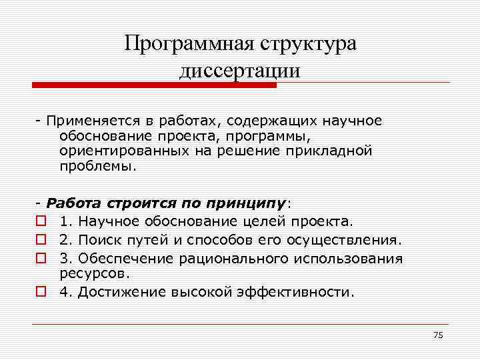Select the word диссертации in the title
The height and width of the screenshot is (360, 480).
[240, 71]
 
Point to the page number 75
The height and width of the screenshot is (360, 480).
[438, 335]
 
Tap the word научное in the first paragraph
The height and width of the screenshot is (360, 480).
[352, 121]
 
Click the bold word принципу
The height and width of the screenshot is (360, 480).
[255, 204]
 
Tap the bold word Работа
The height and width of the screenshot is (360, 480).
[72, 204]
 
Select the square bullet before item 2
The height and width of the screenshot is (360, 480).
[41, 239]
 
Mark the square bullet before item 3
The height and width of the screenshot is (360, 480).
[41, 258]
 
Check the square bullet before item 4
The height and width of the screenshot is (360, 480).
[41, 291]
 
